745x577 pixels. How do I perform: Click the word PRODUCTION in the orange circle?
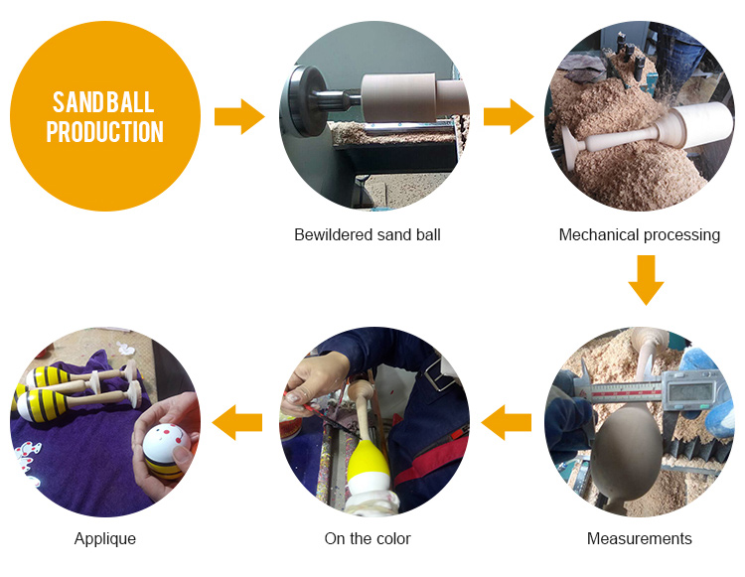point(104,131)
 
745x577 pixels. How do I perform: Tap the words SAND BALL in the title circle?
point(103,102)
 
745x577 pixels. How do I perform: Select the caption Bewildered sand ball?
point(368,234)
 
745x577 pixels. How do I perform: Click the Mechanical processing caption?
point(639,234)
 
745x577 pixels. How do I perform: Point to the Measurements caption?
point(639,538)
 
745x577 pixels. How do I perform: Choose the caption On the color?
point(368,538)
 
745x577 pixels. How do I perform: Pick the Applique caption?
point(105,539)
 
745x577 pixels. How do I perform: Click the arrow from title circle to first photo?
point(239,116)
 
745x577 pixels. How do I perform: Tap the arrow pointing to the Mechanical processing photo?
point(509,116)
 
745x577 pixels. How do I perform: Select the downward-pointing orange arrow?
point(646,280)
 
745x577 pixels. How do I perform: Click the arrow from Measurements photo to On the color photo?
point(507,422)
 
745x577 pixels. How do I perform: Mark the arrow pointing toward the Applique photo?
point(237,422)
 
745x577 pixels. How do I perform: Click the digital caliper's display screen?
point(690,391)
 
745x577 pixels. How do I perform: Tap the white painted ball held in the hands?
point(166,444)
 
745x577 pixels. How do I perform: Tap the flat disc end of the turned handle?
point(571,147)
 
